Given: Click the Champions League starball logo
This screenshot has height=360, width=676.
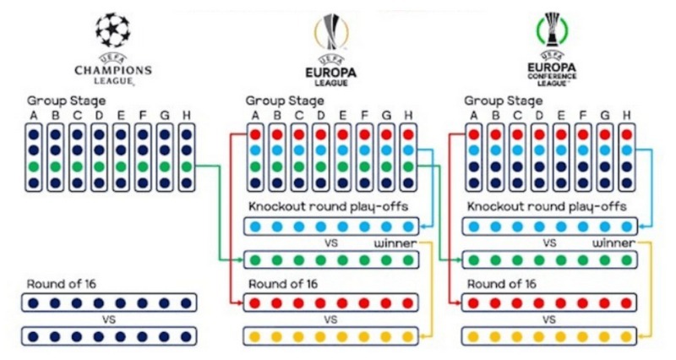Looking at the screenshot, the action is [x=112, y=30].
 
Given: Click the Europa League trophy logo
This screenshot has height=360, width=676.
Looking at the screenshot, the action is [x=330, y=31].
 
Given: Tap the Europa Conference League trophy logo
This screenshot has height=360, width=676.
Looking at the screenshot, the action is [x=552, y=30].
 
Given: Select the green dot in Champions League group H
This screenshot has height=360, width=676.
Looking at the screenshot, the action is [x=186, y=166].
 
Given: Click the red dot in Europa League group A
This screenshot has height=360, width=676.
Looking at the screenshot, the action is [x=255, y=134].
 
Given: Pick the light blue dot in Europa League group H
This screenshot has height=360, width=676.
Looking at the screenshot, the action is [x=408, y=150].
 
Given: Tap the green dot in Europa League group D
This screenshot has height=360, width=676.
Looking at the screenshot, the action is [x=321, y=166].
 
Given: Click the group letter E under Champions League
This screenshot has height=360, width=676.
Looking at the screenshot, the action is [x=121, y=116].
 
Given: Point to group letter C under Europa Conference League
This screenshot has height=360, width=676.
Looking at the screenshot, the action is [x=517, y=116].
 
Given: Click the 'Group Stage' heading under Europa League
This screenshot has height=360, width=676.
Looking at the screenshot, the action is [x=285, y=101].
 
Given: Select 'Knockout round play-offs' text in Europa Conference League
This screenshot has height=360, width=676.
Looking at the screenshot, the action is [x=547, y=207].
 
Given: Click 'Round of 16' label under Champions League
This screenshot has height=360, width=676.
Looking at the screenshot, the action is [x=62, y=284].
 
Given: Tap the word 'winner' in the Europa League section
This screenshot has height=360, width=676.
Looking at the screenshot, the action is [x=395, y=243].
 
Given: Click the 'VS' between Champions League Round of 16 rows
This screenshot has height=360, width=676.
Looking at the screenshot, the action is [x=109, y=320].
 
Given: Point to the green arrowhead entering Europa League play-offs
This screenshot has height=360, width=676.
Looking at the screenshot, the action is [x=241, y=260].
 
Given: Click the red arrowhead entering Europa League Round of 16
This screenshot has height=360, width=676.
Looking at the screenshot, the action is [x=241, y=303].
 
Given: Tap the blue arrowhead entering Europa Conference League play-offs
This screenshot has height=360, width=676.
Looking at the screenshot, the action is [x=641, y=226].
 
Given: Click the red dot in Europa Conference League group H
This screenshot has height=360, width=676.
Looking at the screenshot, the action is [x=626, y=134].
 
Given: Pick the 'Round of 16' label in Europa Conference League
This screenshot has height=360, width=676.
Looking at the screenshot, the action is [x=502, y=284].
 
